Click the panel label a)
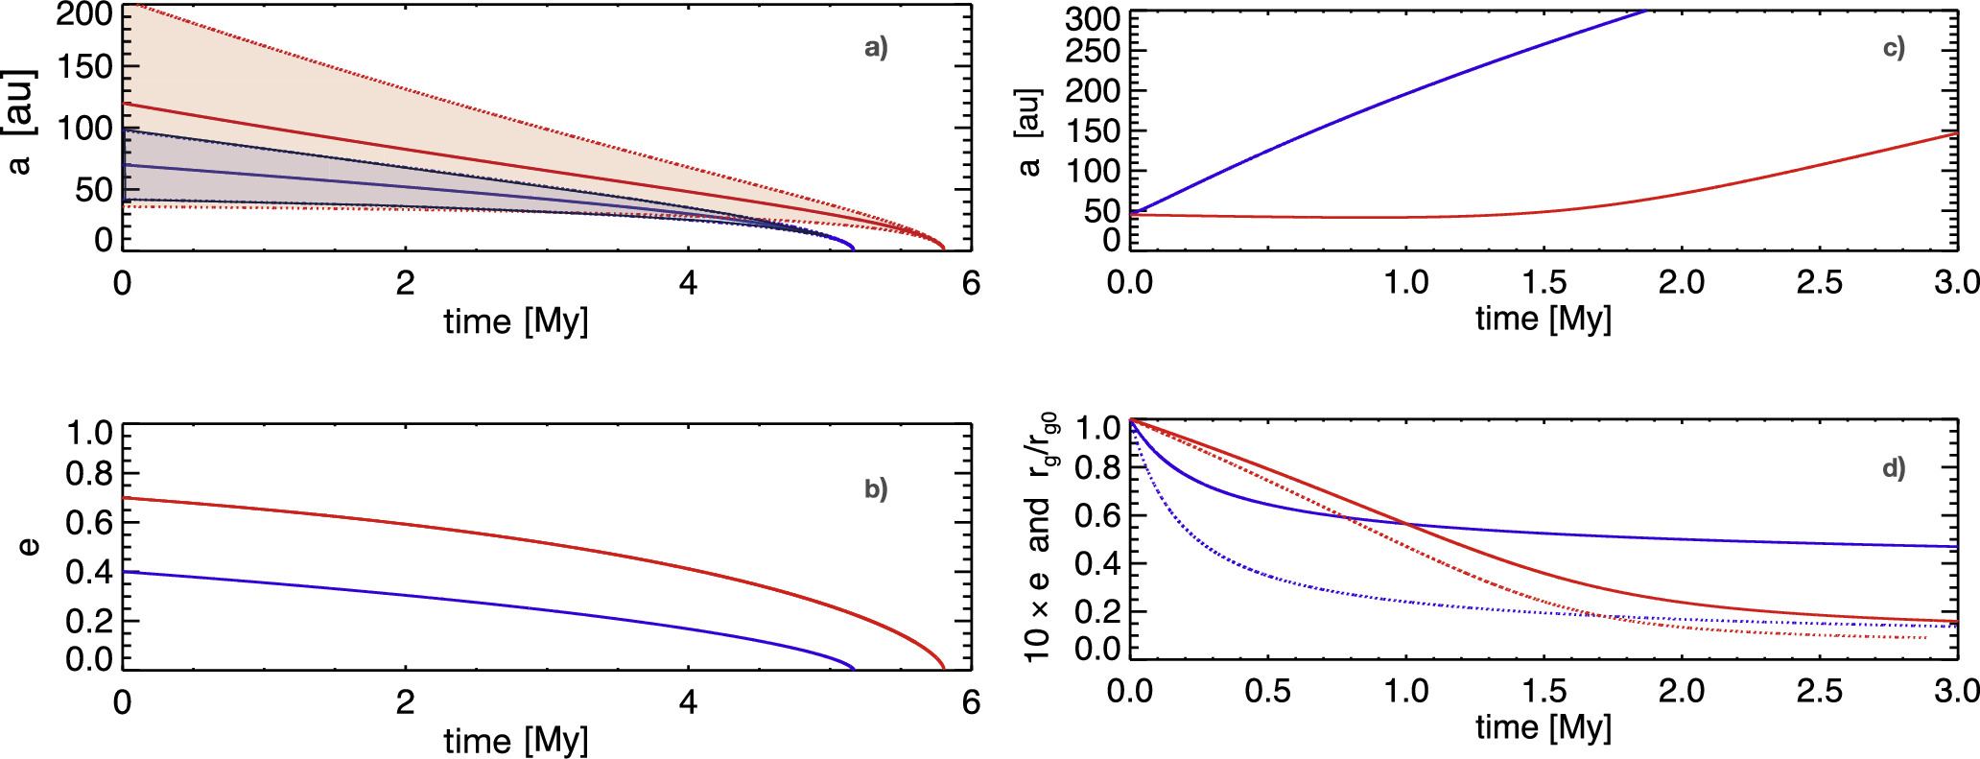[876, 48]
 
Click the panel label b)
[876, 489]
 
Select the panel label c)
[1894, 48]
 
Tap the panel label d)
[1894, 468]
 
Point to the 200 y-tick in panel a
[84, 14]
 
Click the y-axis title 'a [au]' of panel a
[19, 122]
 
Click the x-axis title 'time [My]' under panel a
[516, 321]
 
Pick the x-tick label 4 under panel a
[688, 283]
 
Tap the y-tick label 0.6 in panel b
[88, 523]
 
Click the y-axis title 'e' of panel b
[29, 547]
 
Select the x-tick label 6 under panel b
[971, 702]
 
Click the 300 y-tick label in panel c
[1093, 19]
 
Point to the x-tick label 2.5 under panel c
[1820, 282]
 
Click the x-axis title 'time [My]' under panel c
[1544, 319]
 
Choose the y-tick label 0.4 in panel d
[1097, 563]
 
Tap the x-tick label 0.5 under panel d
[1267, 691]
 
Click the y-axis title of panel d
[1040, 537]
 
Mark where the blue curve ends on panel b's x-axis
[853, 669]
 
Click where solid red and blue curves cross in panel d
[1406, 523]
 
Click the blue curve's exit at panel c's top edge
[1646, 11]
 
